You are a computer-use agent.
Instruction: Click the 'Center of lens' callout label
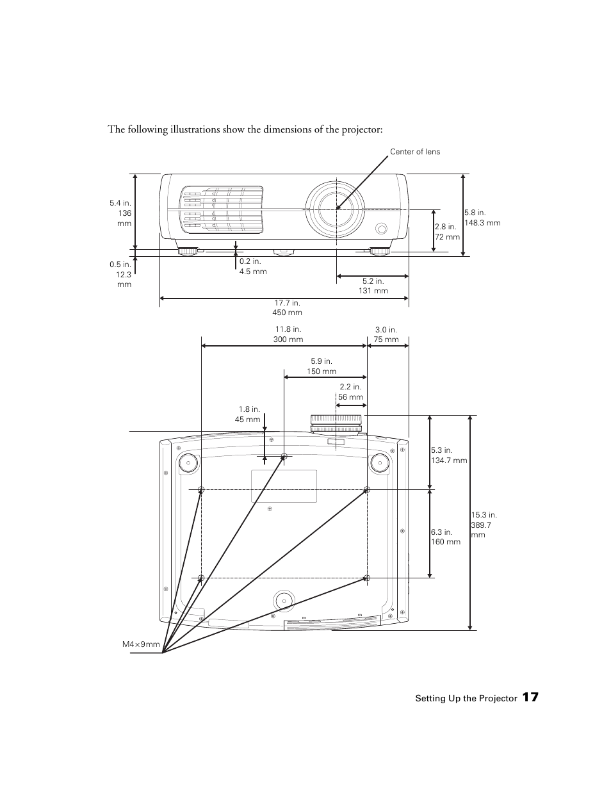pyautogui.click(x=415, y=152)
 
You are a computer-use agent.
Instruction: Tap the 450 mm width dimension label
pyautogui.click(x=288, y=307)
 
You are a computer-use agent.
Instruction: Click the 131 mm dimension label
pyautogui.click(x=372, y=286)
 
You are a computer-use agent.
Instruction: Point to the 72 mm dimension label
pyautogui.click(x=447, y=232)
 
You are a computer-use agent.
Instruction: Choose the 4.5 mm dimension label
pyautogui.click(x=252, y=266)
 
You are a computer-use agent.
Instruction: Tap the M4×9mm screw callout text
pyautogui.click(x=141, y=644)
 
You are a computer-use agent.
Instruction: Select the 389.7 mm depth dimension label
pyautogui.click(x=484, y=525)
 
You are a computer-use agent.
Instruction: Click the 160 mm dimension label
pyautogui.click(x=445, y=537)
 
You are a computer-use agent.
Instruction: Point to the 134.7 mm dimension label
pyautogui.click(x=448, y=455)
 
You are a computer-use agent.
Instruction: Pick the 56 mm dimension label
pyautogui.click(x=350, y=392)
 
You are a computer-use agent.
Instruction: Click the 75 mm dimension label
pyautogui.click(x=386, y=335)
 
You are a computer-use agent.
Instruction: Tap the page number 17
pyautogui.click(x=530, y=697)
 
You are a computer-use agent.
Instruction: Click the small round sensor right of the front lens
pyautogui.click(x=382, y=228)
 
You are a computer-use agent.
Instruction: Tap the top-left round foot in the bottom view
pyautogui.click(x=188, y=462)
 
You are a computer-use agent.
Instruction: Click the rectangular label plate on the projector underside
pyautogui.click(x=284, y=486)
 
